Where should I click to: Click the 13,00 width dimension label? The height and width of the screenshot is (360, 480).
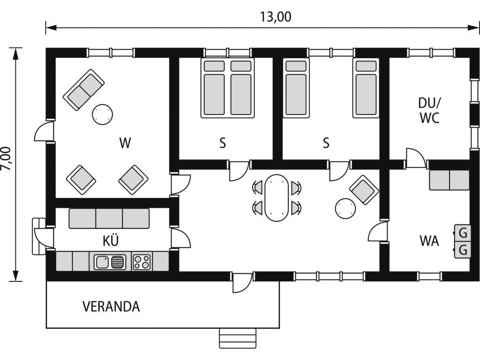276,17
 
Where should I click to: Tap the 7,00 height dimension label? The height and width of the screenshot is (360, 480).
6,159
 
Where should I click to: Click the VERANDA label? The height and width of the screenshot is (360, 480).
111,307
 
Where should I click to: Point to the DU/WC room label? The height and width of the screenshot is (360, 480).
429,111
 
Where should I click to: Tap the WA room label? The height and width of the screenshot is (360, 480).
429,241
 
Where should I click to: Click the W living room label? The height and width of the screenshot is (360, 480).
125,142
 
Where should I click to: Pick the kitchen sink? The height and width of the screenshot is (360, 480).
110,262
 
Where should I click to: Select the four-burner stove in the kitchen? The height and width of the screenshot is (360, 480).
142,262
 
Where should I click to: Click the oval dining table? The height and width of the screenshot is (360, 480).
277,198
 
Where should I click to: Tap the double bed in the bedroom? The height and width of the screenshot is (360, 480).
227,88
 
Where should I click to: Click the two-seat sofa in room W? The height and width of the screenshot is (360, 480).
83,90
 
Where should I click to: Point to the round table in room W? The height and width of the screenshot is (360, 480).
102,114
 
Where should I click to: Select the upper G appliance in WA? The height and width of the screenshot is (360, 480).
462,233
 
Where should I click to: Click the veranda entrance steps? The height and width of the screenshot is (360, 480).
238,338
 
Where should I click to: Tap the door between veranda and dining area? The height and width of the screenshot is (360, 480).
242,283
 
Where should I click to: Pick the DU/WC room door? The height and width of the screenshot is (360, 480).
416,158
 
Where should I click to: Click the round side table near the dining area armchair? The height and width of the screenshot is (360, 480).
345,209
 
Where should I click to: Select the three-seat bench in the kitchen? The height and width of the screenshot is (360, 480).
109,218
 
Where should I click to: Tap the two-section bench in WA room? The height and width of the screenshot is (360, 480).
449,180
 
